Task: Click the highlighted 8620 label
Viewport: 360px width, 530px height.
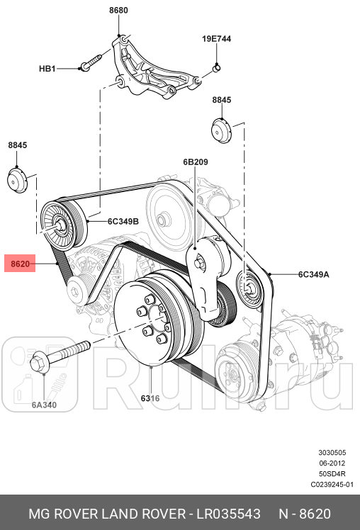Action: pyautogui.click(x=20, y=264)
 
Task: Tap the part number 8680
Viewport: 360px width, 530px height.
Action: pyautogui.click(x=118, y=11)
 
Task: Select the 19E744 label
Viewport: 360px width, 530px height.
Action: pyautogui.click(x=216, y=40)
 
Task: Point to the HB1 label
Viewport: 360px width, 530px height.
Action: pyautogui.click(x=47, y=69)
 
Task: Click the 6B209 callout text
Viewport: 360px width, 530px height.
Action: pyautogui.click(x=195, y=162)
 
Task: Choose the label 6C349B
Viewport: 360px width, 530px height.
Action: pyautogui.click(x=123, y=221)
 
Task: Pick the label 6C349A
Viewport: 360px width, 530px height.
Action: pyautogui.click(x=313, y=274)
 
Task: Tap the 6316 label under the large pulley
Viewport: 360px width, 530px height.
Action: pyautogui.click(x=150, y=398)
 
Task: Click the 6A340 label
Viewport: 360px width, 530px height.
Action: pyautogui.click(x=44, y=406)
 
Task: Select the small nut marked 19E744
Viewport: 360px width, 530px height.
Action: pyautogui.click(x=217, y=68)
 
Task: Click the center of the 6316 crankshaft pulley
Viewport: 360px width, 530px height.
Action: pyautogui.click(x=151, y=320)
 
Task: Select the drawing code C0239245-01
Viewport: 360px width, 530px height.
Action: pyautogui.click(x=331, y=485)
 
